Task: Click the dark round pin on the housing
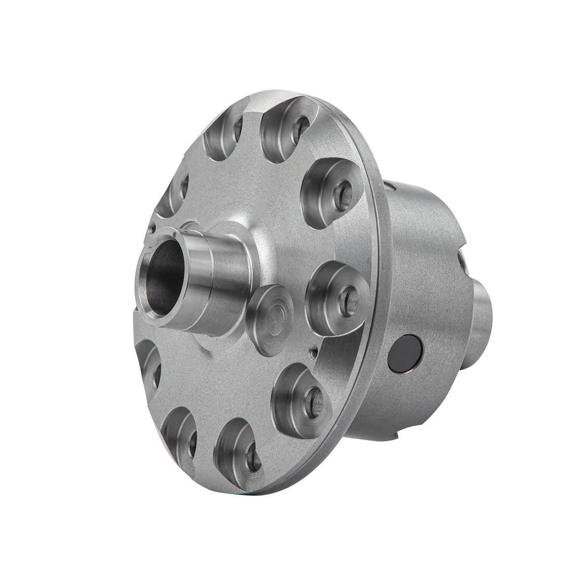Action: coord(405,353)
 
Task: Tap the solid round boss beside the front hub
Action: coord(269,319)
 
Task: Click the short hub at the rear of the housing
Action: coord(481,324)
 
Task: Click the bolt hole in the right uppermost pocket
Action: coord(301,129)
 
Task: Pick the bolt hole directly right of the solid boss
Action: coord(348,301)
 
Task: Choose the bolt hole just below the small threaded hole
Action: coord(314,402)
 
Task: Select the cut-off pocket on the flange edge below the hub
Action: coord(147,366)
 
